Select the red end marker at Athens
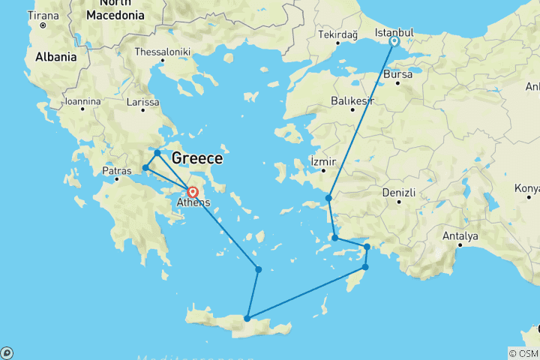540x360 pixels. [193, 192]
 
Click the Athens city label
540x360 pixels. [193, 203]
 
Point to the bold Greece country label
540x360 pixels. [197, 158]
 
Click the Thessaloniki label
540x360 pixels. [163, 52]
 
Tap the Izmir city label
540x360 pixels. [323, 162]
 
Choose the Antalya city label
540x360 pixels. [460, 236]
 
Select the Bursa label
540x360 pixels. [397, 75]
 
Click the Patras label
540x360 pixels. [116, 171]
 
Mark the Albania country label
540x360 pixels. [55, 57]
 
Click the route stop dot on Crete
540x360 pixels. [247, 319]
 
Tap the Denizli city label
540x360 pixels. [399, 193]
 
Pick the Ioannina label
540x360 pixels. [82, 100]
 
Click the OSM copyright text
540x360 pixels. [523, 353]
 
